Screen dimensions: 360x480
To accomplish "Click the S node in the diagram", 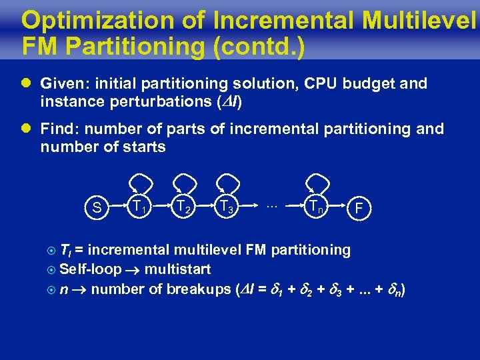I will (x=97, y=208).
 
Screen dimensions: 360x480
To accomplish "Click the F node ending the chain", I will (x=359, y=209).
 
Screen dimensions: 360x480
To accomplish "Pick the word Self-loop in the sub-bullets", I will (x=89, y=270).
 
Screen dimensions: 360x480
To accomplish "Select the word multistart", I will (x=177, y=270).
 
